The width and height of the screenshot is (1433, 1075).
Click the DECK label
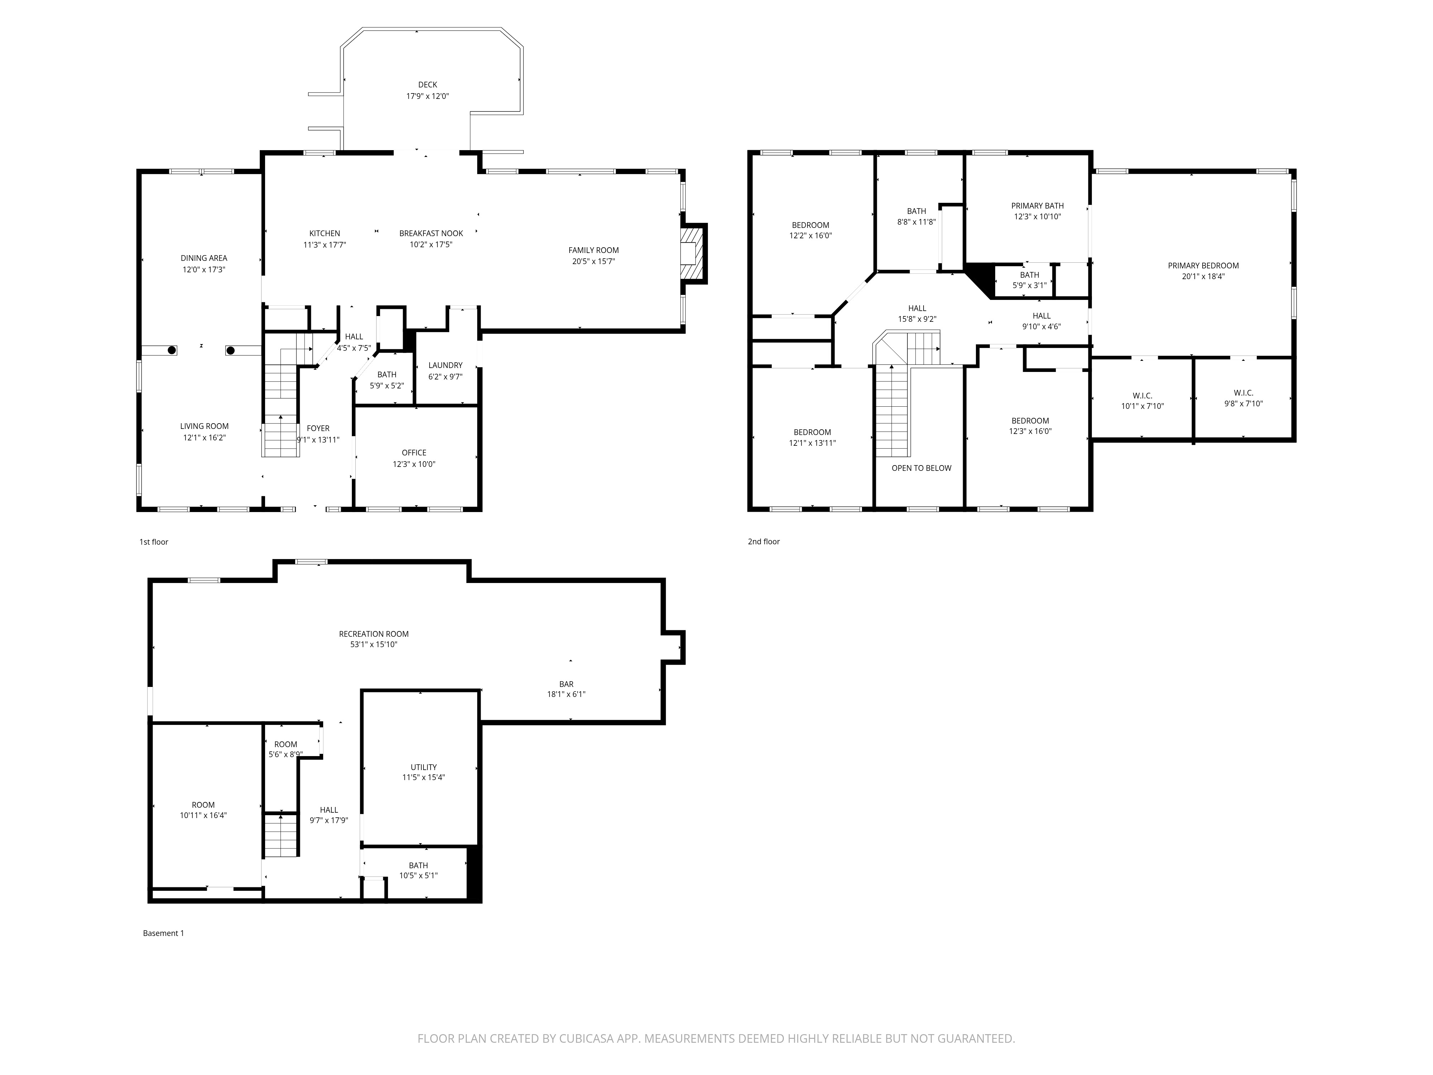pos(427,84)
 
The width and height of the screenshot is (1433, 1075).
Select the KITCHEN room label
pos(325,233)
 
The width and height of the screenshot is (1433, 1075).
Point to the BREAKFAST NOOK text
pos(431,233)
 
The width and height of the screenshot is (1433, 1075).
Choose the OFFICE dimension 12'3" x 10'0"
pos(414,464)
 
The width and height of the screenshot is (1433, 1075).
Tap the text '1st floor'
pos(154,542)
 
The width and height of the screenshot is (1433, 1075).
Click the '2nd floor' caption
pos(764,542)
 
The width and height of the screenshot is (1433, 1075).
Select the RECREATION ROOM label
pos(374,634)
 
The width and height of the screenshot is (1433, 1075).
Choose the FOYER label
pos(318,428)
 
